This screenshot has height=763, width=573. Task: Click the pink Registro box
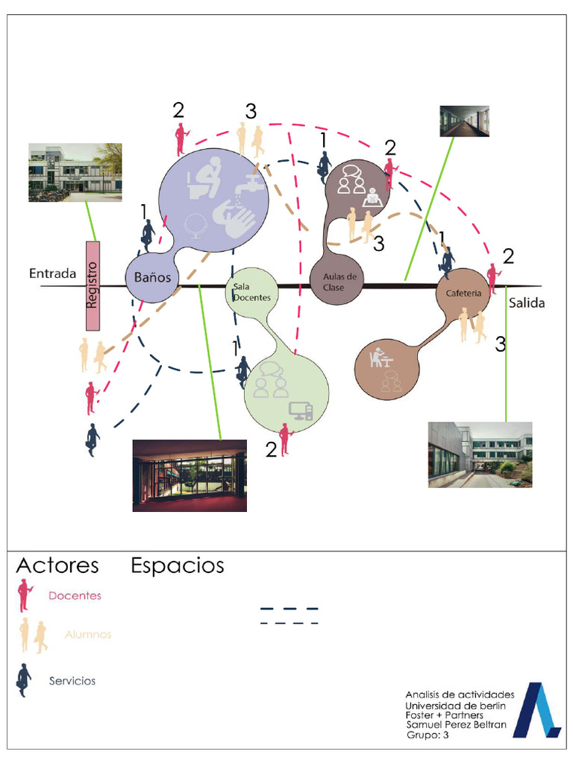(93, 285)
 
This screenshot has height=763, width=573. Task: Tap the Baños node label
(152, 278)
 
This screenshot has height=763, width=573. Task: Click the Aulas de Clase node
(339, 282)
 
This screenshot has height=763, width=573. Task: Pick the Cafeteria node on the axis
(463, 293)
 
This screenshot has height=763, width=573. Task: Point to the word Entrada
(52, 273)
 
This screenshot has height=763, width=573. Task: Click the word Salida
(527, 303)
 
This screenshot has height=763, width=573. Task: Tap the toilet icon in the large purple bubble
(204, 179)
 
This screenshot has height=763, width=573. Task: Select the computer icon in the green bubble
(301, 411)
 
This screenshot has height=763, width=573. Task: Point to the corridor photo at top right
(464, 121)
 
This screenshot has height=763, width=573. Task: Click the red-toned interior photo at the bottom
(190, 475)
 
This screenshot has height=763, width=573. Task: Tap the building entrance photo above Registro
(75, 173)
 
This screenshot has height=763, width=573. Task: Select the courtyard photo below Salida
(480, 455)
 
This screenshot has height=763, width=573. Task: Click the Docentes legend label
(75, 595)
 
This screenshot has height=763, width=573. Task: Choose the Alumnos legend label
(88, 635)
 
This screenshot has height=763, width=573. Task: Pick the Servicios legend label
(72, 680)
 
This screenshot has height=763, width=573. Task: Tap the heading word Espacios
(178, 566)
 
